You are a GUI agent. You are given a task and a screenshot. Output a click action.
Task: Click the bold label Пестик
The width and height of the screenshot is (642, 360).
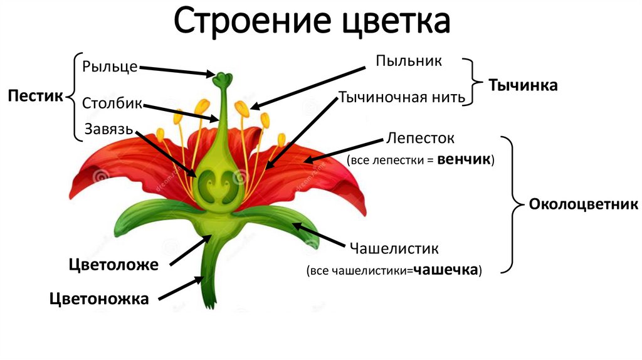[x=36, y=97]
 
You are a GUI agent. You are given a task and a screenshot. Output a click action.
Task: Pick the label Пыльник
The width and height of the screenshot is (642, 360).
[x=409, y=61]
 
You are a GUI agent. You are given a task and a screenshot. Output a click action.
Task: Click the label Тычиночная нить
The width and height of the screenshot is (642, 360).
[x=402, y=97]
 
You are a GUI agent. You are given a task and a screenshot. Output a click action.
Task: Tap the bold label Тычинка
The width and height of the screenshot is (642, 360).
[x=523, y=85]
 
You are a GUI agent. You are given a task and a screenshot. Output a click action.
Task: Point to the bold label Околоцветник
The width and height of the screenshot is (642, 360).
[x=583, y=204]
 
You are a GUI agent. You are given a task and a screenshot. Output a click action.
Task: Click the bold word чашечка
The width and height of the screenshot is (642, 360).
[x=447, y=271]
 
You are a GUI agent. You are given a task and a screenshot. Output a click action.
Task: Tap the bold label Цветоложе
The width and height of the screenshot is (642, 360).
[x=113, y=264]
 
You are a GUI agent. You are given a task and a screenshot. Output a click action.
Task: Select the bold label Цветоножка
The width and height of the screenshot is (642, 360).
[x=100, y=299]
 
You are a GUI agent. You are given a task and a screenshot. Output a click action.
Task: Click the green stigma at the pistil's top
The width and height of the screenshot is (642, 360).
[x=222, y=79]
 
